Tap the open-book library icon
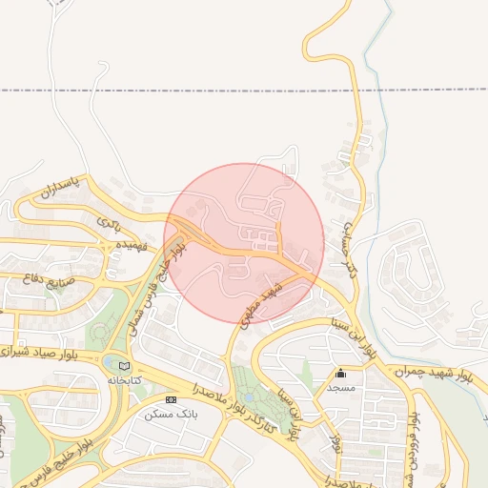point(123,365)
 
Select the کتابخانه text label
point(123,380)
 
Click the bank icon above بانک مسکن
point(171,399)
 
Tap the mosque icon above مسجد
point(340,373)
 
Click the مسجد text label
point(340,388)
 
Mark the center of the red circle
point(244,244)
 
